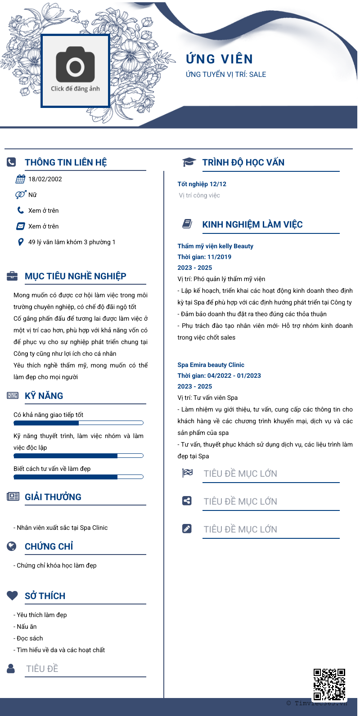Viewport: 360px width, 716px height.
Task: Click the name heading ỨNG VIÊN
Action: (220, 59)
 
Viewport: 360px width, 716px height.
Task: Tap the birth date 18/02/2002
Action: (45, 179)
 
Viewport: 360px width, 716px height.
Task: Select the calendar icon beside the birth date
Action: (20, 179)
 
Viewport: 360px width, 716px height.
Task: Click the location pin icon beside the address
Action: (20, 242)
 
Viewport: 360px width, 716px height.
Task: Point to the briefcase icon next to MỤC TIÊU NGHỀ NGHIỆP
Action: (12, 276)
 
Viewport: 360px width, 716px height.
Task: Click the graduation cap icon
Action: (189, 162)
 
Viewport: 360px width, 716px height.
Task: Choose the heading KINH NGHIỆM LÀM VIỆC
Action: (252, 224)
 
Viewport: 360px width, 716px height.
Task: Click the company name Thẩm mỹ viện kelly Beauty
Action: (215, 246)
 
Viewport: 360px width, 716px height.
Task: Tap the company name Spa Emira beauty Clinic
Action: (211, 365)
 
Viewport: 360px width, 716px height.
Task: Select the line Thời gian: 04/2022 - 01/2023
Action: (219, 376)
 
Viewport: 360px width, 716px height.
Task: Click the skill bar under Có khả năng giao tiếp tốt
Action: (78, 423)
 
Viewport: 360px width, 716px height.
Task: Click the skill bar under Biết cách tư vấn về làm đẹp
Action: (78, 477)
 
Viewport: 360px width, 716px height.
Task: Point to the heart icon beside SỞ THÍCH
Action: (12, 595)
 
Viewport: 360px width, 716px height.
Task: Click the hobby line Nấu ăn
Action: (27, 626)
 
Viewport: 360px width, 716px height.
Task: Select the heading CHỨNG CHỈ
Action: (49, 546)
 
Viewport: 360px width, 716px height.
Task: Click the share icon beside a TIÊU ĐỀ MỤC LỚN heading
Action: (187, 501)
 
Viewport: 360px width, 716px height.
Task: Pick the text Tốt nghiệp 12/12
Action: (202, 184)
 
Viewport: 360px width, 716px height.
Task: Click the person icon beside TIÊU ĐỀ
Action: (11, 668)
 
